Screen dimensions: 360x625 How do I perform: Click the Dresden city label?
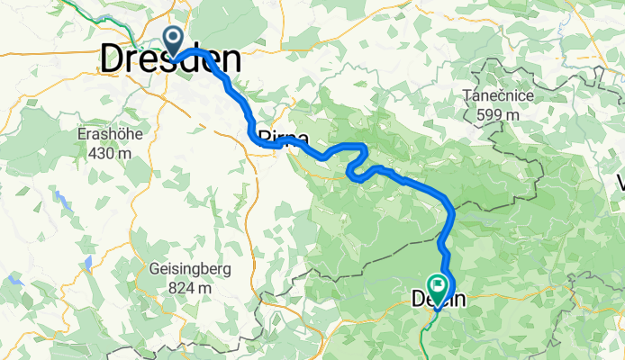[170, 60]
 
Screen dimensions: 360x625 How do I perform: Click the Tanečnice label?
[500, 96]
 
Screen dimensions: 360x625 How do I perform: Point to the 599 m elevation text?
[500, 114]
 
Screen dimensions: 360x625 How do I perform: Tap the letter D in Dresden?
[112, 60]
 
